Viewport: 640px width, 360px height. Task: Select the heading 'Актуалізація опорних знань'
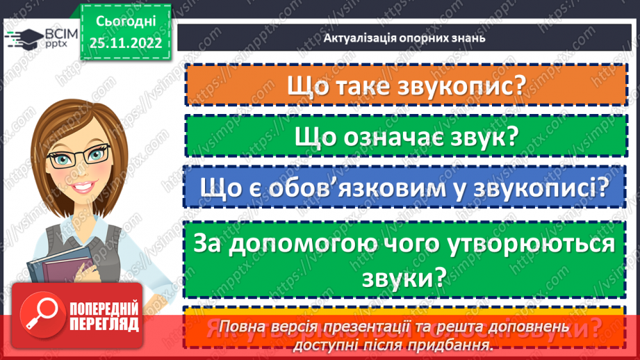[x=404, y=38]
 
